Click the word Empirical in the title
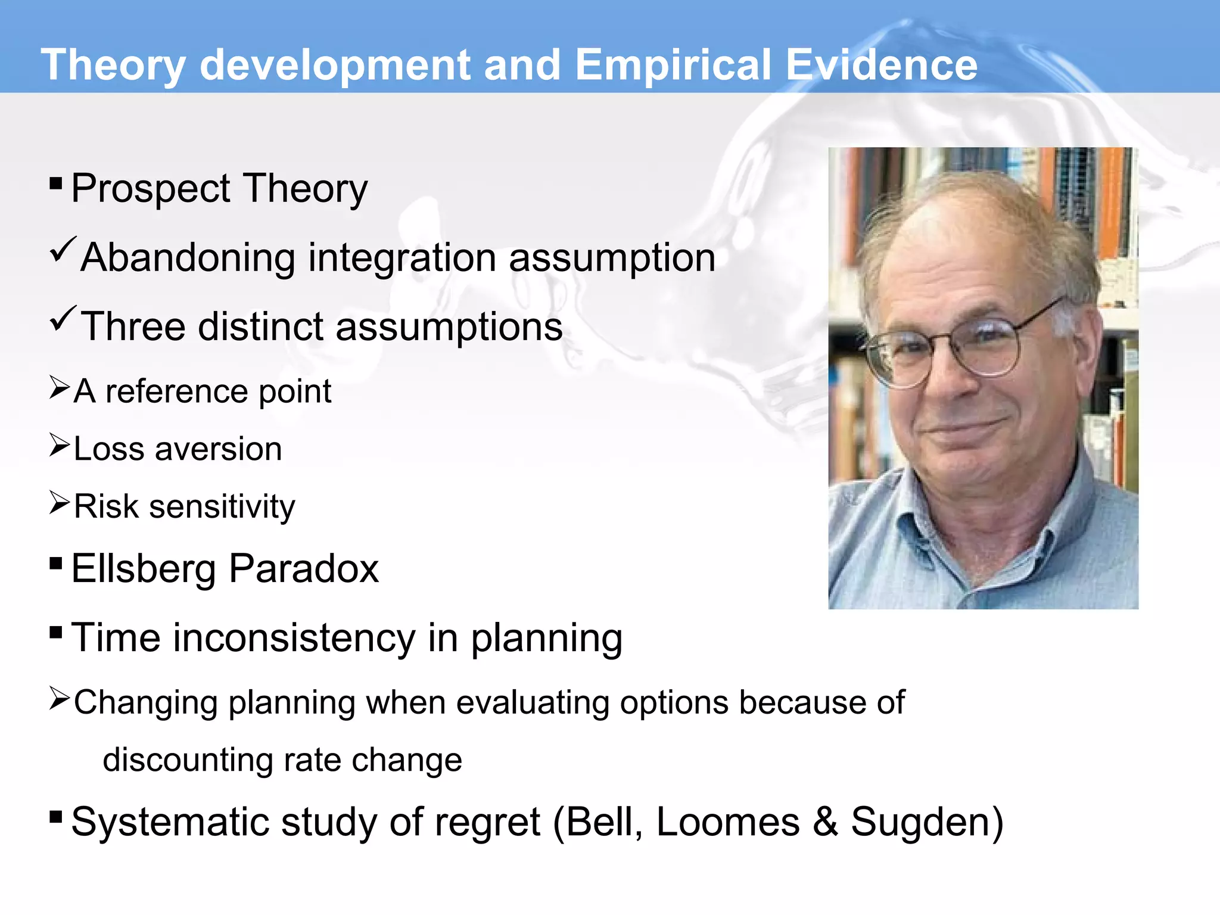point(673,65)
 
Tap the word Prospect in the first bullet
point(150,189)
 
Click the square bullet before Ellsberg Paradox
point(56,563)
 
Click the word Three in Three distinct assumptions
point(133,326)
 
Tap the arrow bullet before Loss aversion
point(60,446)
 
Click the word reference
point(176,391)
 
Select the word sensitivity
point(222,507)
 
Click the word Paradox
point(304,568)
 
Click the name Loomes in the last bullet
point(727,822)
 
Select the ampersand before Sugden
point(825,822)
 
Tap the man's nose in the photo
point(950,381)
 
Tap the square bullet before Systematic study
point(56,816)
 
